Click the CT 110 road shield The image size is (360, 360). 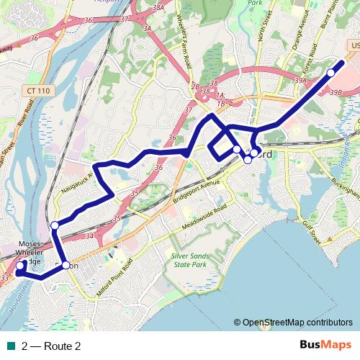[40, 91]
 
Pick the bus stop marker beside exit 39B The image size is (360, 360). [331, 73]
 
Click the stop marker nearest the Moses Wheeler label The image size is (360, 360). [20, 264]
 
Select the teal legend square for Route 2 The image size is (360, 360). [9, 346]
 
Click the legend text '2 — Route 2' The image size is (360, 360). [51, 346]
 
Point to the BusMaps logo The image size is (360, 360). [326, 346]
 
